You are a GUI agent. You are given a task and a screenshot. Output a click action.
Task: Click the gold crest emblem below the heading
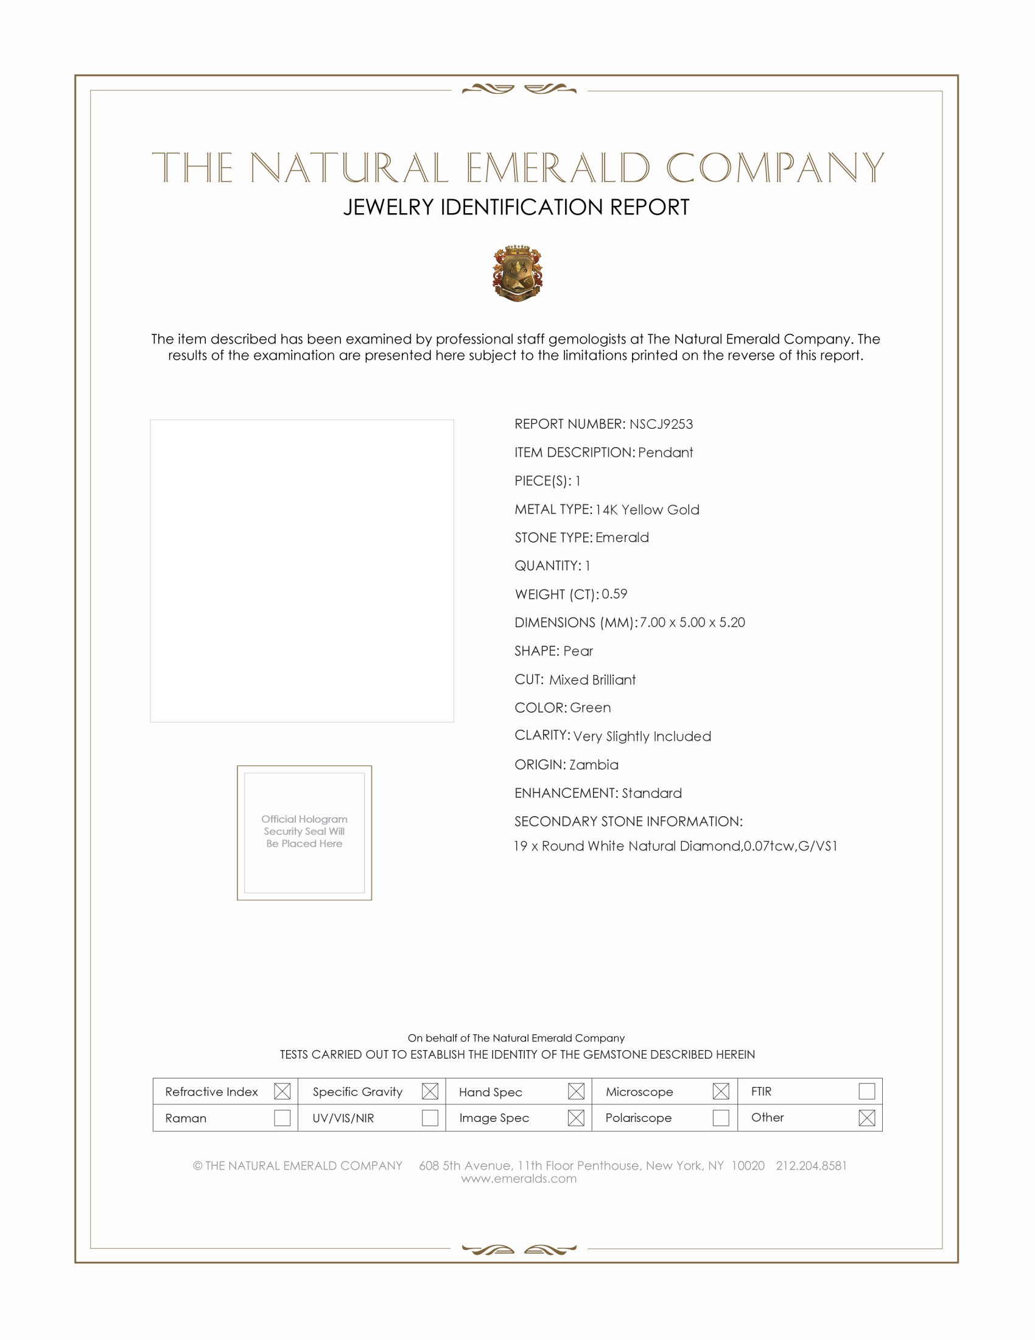pyautogui.click(x=517, y=273)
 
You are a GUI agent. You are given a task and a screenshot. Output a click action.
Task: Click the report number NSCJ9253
pyautogui.click(x=661, y=424)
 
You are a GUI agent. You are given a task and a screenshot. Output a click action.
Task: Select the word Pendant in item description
pyautogui.click(x=665, y=453)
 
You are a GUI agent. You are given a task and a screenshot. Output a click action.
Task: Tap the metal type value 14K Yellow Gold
pyautogui.click(x=647, y=510)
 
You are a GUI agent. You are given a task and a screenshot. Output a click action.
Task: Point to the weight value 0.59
pyautogui.click(x=614, y=594)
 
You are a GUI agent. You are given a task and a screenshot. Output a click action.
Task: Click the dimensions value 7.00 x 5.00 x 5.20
pyautogui.click(x=692, y=622)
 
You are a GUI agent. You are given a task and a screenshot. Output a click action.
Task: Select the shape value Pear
pyautogui.click(x=578, y=651)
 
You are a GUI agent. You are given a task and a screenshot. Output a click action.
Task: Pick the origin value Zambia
pyautogui.click(x=593, y=765)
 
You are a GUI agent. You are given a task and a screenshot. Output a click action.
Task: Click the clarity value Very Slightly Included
pyautogui.click(x=641, y=736)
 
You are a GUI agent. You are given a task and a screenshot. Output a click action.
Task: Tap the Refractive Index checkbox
pyautogui.click(x=282, y=1091)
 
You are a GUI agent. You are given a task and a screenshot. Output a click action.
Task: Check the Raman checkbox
pyautogui.click(x=282, y=1118)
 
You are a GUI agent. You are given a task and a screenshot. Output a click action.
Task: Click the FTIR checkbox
pyautogui.click(x=866, y=1091)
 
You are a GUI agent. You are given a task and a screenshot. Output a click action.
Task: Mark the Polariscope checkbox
pyautogui.click(x=721, y=1118)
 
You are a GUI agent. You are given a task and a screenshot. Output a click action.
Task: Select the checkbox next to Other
pyautogui.click(x=866, y=1118)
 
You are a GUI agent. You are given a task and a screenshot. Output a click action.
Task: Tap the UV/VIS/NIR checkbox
pyautogui.click(x=430, y=1118)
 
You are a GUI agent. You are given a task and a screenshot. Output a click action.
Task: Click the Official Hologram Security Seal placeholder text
pyautogui.click(x=304, y=831)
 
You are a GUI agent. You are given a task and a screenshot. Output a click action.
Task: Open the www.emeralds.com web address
pyautogui.click(x=519, y=1179)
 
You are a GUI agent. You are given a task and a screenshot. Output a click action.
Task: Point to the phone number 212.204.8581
pyautogui.click(x=810, y=1166)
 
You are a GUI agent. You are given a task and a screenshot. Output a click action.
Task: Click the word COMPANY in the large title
pyautogui.click(x=774, y=167)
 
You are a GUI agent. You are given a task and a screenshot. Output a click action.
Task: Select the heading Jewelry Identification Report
pyautogui.click(x=516, y=207)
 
